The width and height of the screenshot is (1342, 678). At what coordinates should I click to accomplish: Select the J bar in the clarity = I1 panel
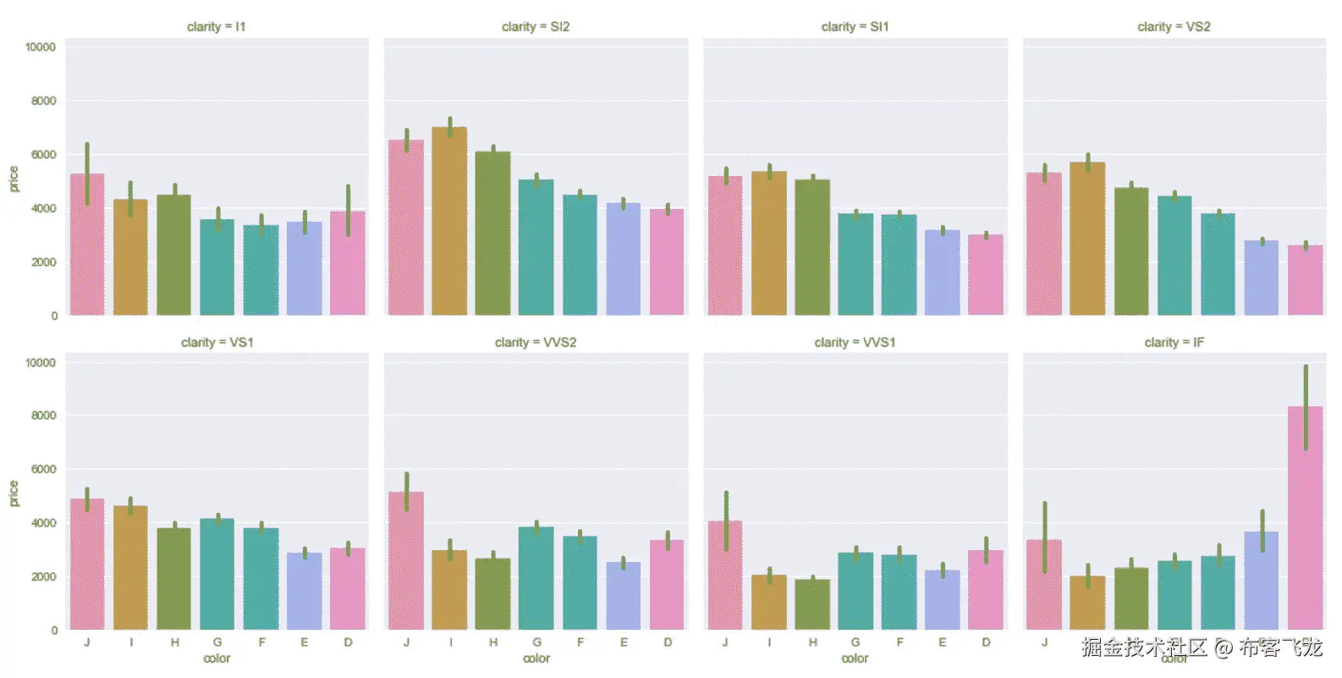(87, 245)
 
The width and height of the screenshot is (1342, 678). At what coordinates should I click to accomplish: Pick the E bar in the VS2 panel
(1261, 278)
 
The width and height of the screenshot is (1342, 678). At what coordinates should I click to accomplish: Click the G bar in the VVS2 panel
(536, 579)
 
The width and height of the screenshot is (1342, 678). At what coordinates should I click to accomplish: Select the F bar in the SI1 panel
(899, 265)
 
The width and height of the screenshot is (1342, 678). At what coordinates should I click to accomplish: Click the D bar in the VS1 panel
(348, 589)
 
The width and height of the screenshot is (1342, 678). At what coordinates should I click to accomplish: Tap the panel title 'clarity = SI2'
(536, 27)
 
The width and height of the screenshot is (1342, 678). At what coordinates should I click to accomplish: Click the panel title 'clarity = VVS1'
(855, 343)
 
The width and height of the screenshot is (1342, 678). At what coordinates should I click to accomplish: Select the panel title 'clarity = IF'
(1174, 343)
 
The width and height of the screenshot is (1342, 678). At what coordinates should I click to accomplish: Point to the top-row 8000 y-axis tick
(43, 101)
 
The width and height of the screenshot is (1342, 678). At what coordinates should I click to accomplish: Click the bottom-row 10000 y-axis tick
(41, 363)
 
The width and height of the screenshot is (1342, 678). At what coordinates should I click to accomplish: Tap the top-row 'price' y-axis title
(14, 179)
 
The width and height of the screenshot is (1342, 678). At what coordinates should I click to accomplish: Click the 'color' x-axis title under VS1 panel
(217, 659)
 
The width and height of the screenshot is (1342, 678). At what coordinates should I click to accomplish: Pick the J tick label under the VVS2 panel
(407, 643)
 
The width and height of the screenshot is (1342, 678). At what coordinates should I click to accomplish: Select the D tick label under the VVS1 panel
(986, 643)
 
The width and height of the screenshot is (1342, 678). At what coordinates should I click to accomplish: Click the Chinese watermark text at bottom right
(1202, 649)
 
